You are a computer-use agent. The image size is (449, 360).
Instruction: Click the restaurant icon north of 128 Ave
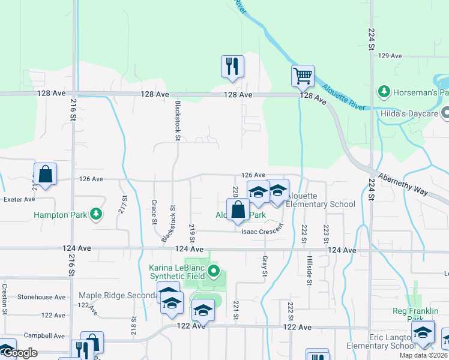232,67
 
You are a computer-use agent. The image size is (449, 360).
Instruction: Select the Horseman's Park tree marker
383,92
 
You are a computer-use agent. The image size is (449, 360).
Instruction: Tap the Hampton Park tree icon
95,214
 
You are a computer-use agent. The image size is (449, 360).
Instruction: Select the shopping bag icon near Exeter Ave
45,175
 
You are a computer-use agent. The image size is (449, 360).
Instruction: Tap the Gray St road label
264,266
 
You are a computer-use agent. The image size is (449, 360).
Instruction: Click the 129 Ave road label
390,56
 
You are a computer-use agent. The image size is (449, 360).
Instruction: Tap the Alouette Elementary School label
320,200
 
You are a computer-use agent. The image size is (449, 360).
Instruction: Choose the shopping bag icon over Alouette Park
239,211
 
